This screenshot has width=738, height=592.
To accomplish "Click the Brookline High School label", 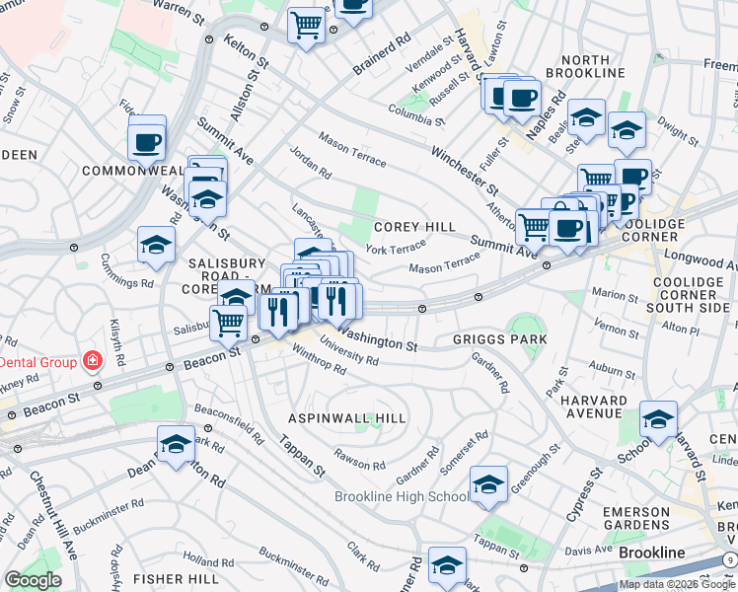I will click(402, 496).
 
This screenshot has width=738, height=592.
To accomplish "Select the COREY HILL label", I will click(413, 227).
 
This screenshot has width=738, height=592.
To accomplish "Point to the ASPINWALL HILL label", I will click(346, 418).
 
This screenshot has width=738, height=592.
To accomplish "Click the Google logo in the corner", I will click(33, 580).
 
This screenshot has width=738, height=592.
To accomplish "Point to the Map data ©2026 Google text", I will click(678, 584).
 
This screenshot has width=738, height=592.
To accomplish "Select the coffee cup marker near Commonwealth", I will click(147, 141).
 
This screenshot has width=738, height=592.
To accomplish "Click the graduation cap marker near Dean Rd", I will click(177, 444).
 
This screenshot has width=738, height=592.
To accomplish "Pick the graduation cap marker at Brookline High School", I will click(488, 485).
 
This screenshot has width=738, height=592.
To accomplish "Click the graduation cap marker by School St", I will click(658, 419).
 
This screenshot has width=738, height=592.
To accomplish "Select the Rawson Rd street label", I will click(359, 459).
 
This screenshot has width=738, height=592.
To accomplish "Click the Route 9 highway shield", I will click(728, 559).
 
